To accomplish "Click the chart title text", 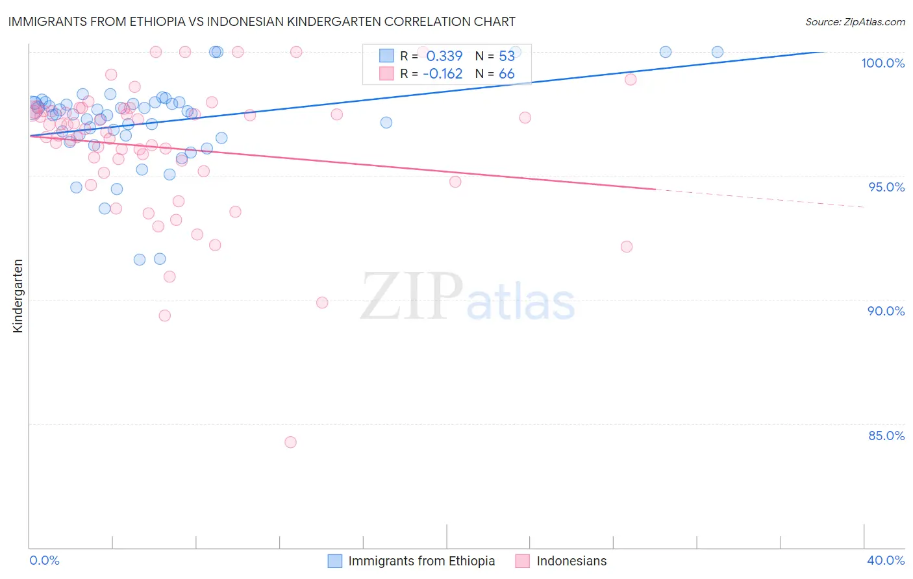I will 262,21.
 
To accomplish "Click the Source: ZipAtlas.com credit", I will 855,21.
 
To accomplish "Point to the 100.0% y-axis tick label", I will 882,63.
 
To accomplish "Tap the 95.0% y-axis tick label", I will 886,187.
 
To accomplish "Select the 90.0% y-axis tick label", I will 886,311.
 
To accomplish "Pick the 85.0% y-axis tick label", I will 886,436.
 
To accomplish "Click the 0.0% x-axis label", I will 44,560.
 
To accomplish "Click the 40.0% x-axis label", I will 886,560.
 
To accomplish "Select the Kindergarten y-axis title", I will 18,296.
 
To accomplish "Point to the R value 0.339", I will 444,56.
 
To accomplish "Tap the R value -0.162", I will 442,74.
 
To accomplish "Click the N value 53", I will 507,56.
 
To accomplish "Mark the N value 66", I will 507,74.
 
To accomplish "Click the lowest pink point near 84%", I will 290,442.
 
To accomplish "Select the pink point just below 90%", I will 322,302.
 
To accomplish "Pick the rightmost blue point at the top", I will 718,52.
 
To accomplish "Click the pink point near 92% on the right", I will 627,247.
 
